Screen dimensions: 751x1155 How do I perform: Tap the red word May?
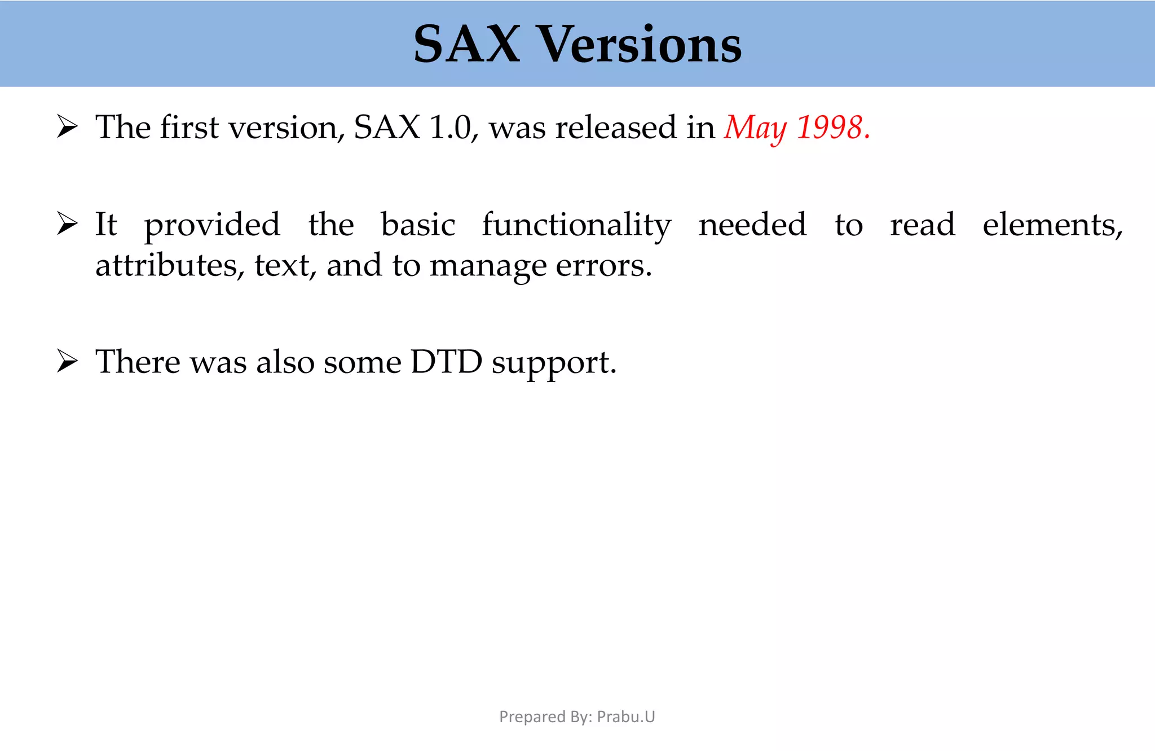pos(755,128)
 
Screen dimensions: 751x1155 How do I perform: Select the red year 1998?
pos(830,128)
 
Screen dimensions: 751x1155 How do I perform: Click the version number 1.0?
pos(449,128)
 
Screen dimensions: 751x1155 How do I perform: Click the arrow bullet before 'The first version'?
pos(67,126)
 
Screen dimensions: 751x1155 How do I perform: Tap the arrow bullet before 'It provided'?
pos(67,224)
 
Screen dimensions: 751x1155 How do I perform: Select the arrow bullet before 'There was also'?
pos(67,361)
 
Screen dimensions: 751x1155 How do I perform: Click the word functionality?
pos(576,225)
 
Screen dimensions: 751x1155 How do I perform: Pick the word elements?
pos(1052,225)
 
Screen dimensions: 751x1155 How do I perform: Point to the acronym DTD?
pos(446,362)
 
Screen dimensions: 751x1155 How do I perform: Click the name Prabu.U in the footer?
pos(626,717)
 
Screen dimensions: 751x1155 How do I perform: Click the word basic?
pos(418,225)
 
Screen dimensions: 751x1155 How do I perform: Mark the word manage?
pos(488,266)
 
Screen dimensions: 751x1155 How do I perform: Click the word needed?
pos(752,225)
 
